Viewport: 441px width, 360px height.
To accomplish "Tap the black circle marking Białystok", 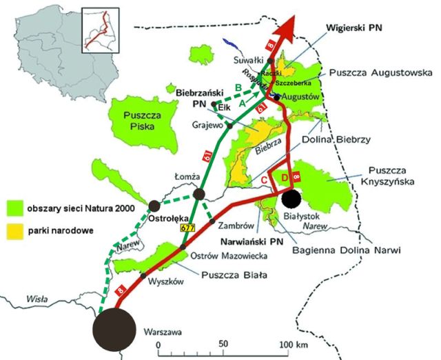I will (291, 198).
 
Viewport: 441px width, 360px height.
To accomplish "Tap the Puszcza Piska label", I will (141, 121).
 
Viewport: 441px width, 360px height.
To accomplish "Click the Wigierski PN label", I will (352, 27).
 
